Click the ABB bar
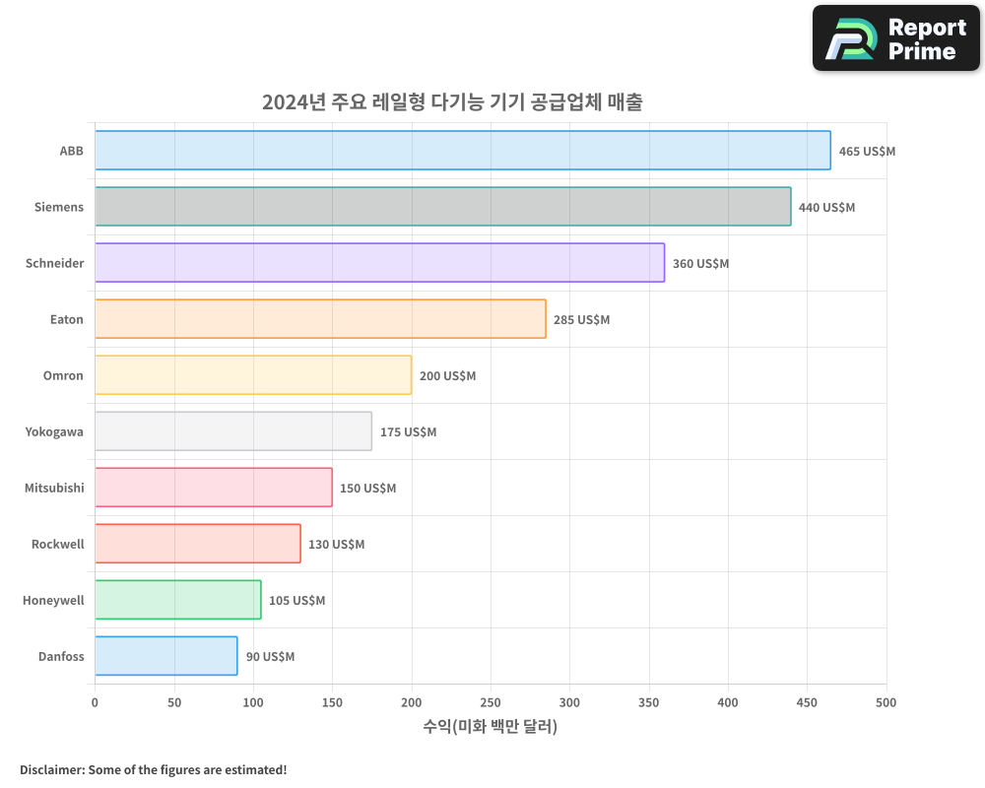click(x=463, y=151)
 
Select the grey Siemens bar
click(x=443, y=207)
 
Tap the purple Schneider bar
click(x=379, y=263)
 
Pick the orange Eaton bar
click(x=320, y=319)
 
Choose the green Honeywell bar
click(x=178, y=600)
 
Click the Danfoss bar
click(x=166, y=656)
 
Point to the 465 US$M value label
click(x=867, y=152)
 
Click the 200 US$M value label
click(x=447, y=376)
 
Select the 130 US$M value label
click(x=336, y=545)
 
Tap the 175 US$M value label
click(x=408, y=432)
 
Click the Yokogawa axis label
click(x=54, y=431)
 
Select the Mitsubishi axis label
click(x=54, y=488)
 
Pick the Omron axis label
click(x=63, y=375)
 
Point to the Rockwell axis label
click(x=57, y=544)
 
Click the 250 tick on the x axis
click(x=491, y=702)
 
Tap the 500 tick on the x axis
click(x=886, y=702)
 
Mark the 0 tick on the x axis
click(x=95, y=702)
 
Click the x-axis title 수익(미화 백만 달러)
click(x=491, y=727)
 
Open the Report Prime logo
click(x=895, y=38)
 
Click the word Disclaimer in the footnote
click(x=51, y=769)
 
